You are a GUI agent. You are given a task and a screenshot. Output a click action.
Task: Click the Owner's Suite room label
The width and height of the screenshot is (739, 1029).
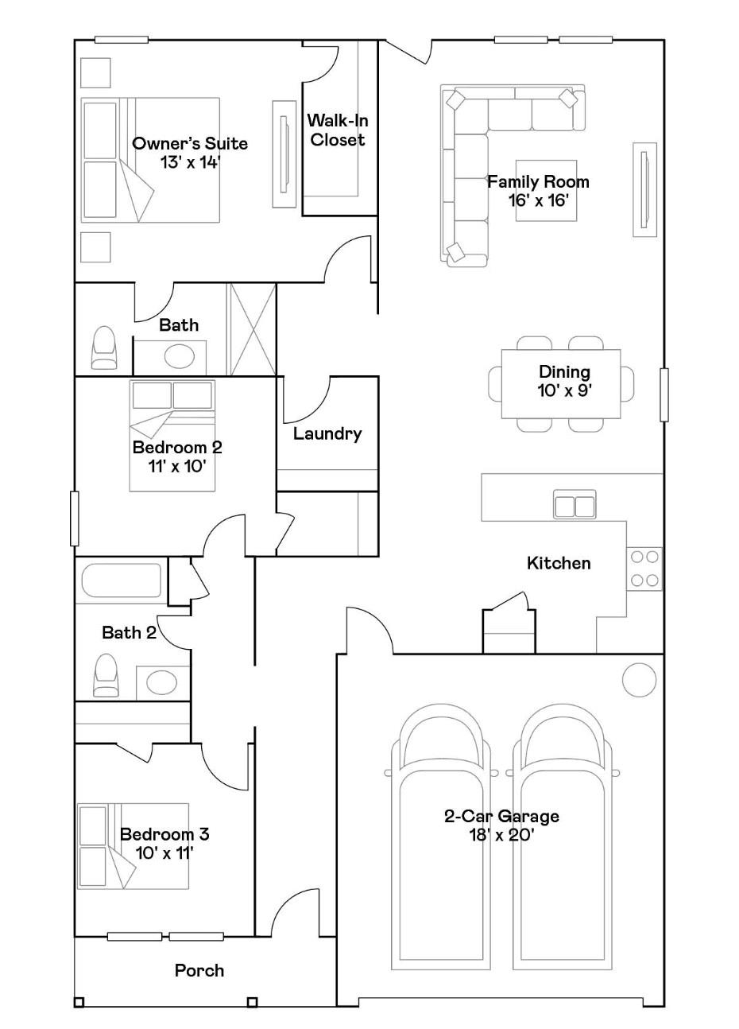190,143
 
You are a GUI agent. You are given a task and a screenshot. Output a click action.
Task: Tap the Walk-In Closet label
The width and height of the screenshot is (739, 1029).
338,130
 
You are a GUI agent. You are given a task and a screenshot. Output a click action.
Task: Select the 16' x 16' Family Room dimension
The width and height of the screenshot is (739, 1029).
538,200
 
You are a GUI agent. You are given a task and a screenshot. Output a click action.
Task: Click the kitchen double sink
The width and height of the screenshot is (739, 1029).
575,504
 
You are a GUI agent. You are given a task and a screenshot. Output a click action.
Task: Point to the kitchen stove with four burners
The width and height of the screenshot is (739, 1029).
644,569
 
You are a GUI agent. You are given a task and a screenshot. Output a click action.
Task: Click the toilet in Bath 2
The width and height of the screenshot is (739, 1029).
105,675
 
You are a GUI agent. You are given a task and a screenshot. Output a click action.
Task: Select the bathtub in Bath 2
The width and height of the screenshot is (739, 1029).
122,581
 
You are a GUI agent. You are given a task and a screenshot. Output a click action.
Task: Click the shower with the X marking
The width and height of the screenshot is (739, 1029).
251,329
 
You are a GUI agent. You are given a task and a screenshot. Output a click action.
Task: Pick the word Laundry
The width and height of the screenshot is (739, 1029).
327,433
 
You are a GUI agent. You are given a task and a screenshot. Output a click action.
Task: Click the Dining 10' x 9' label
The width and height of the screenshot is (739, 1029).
564,381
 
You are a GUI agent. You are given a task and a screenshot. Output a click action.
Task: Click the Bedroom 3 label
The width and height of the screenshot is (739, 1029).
164,833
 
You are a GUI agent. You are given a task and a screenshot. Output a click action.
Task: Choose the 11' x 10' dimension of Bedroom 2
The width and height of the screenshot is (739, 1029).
176,467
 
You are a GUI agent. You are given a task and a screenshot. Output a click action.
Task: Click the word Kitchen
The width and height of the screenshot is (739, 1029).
559,563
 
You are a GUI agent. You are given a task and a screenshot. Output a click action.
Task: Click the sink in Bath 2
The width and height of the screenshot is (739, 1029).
161,682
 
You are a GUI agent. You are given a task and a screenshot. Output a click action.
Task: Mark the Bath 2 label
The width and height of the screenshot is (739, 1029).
129,632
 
